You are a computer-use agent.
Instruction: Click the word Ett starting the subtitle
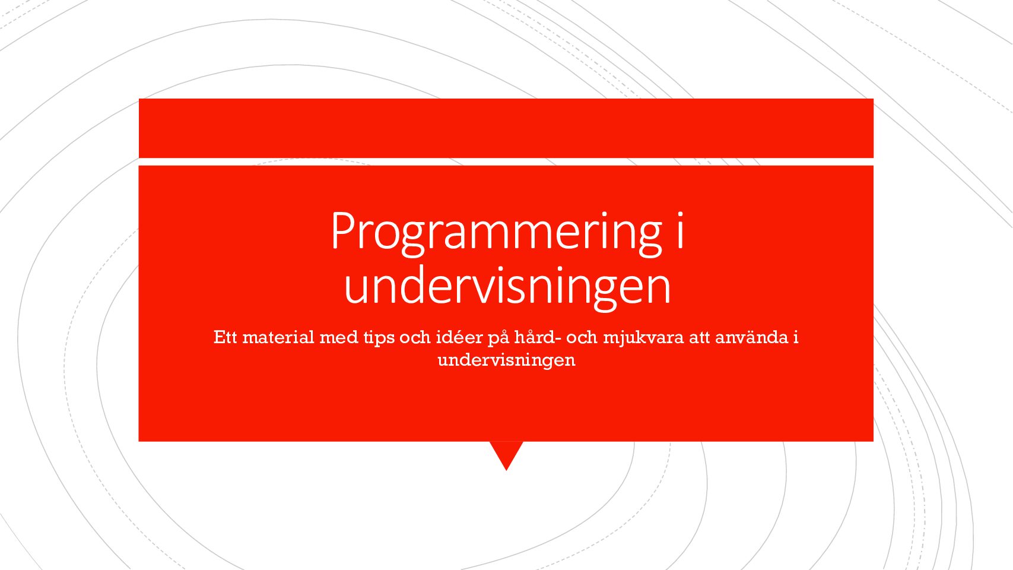[226, 337]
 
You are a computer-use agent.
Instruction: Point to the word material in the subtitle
[278, 337]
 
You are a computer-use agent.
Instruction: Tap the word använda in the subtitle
[752, 337]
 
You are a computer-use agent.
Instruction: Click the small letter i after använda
[795, 337]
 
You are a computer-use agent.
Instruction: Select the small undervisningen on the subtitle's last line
[507, 360]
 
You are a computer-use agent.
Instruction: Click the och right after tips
[415, 337]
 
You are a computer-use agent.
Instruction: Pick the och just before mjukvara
[582, 337]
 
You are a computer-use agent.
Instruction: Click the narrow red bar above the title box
[506, 128]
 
